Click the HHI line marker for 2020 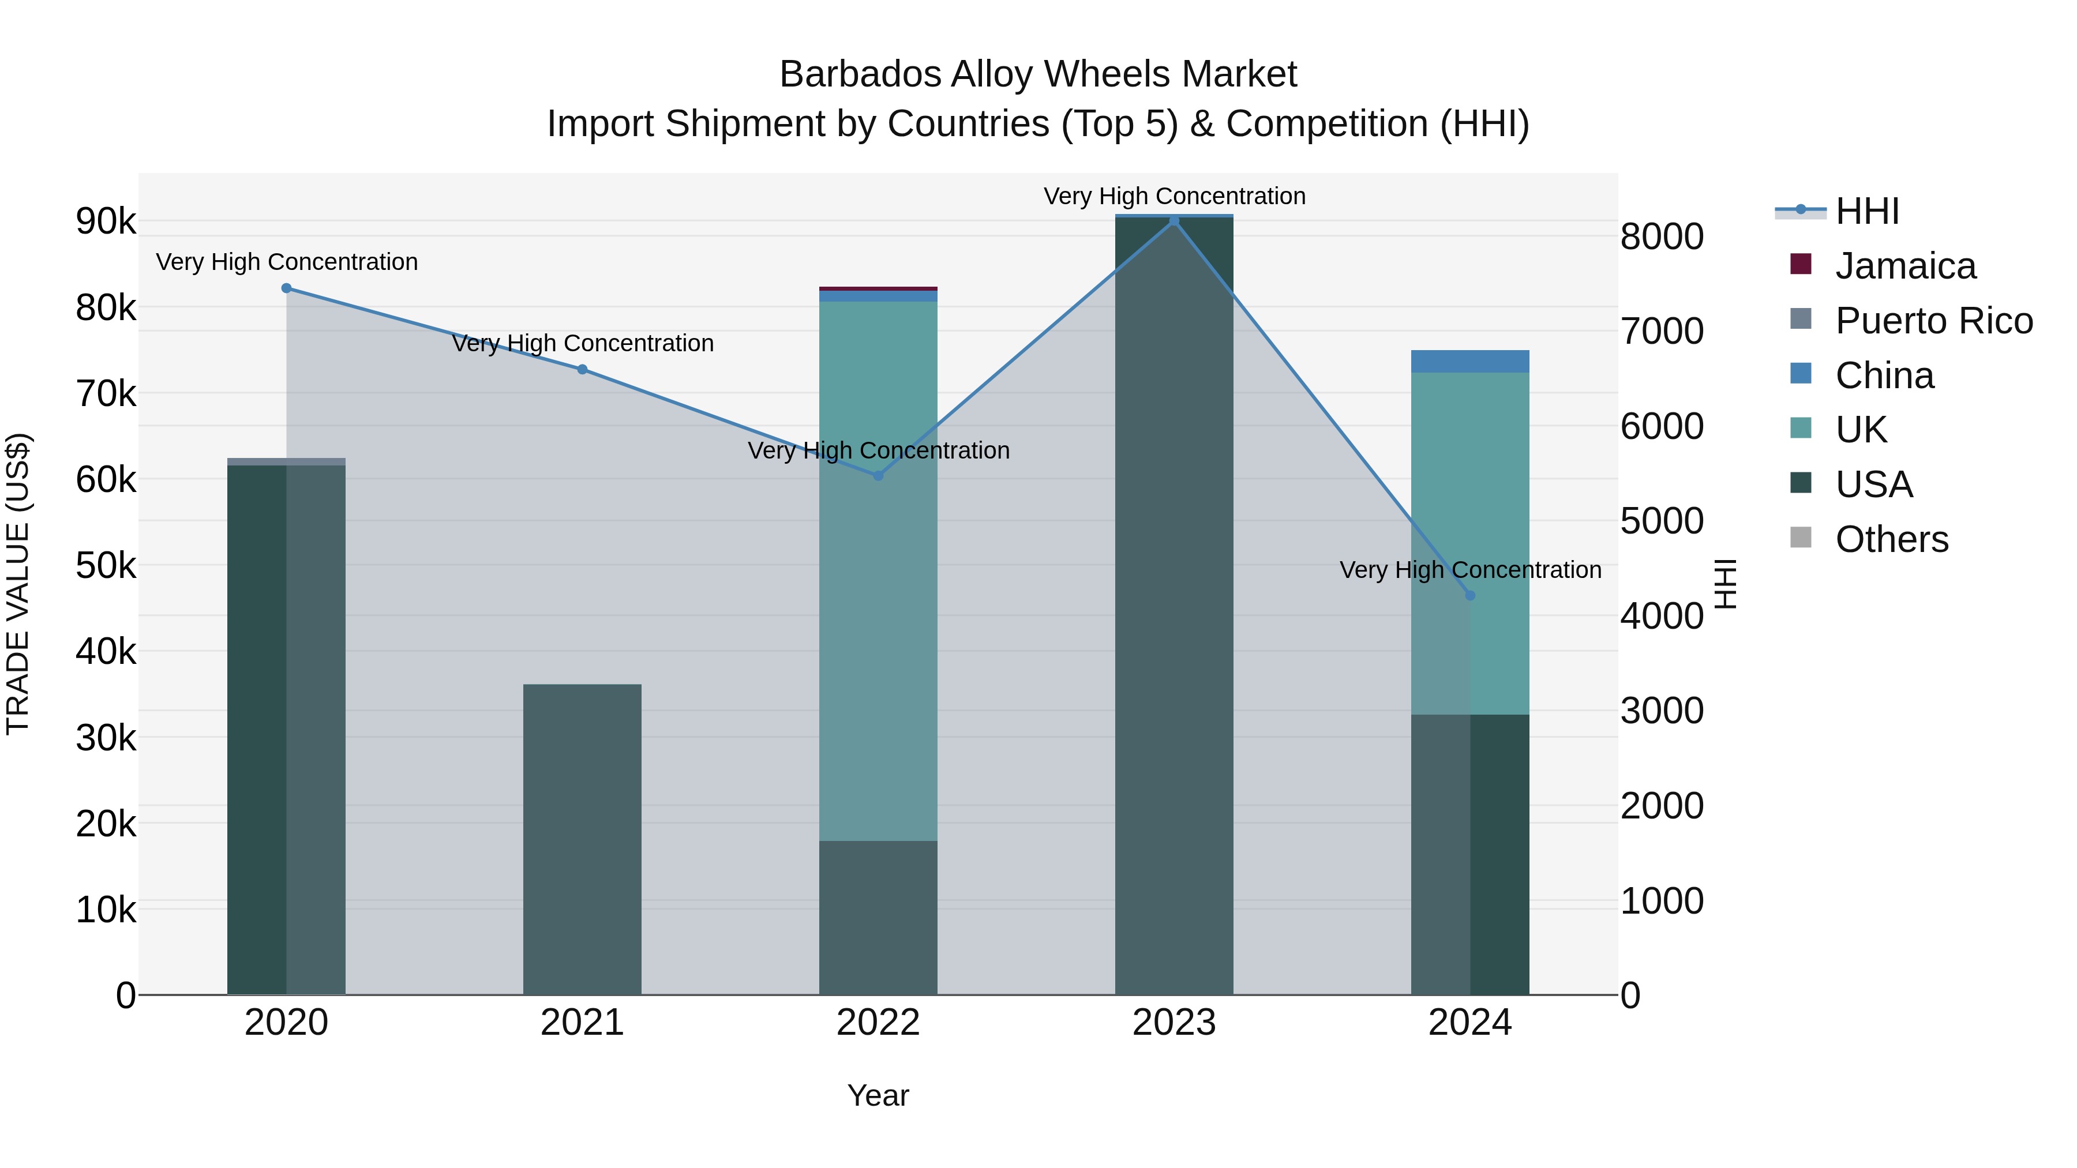pyautogui.click(x=286, y=288)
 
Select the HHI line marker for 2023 pyautogui.click(x=1174, y=221)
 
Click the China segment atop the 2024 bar pyautogui.click(x=1470, y=361)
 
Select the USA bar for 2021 pyautogui.click(x=582, y=838)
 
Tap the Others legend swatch pyautogui.click(x=1801, y=538)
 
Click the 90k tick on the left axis pyautogui.click(x=106, y=221)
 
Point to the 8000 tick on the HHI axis pyautogui.click(x=1662, y=237)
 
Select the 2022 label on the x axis pyautogui.click(x=878, y=1023)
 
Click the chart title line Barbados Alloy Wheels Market pyautogui.click(x=1038, y=74)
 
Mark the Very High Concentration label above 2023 pyautogui.click(x=1174, y=196)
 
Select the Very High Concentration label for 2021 pyautogui.click(x=582, y=343)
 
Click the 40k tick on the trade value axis pyautogui.click(x=106, y=652)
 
